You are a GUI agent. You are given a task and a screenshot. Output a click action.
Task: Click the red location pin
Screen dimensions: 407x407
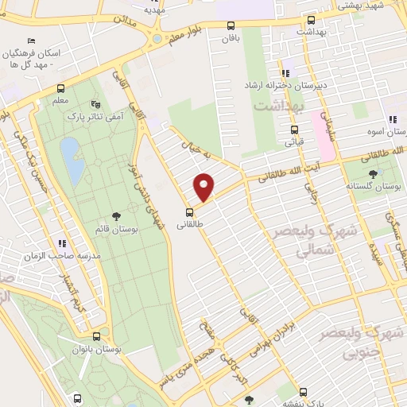tap(205, 186)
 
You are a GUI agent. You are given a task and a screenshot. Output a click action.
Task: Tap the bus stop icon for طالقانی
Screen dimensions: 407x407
tap(189, 211)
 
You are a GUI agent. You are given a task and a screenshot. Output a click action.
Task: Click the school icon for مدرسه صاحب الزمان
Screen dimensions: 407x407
tap(61, 243)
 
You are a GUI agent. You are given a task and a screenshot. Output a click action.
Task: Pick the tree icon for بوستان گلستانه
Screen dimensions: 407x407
tap(373, 173)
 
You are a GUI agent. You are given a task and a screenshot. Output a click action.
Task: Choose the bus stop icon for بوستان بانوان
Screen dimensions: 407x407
tap(96, 335)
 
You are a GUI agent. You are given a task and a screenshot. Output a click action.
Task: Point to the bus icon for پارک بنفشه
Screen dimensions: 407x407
tap(303, 392)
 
